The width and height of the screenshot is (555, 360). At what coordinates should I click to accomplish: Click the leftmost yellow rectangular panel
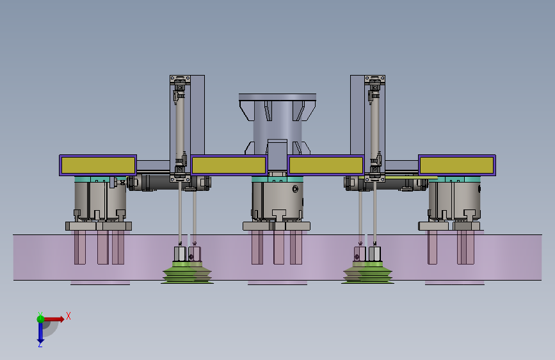pyautogui.click(x=98, y=165)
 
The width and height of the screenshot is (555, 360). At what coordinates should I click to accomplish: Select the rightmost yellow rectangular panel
pyautogui.click(x=456, y=165)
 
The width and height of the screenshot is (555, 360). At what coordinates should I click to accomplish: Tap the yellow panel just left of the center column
pyautogui.click(x=229, y=165)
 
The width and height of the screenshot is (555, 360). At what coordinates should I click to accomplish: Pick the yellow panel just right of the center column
pyautogui.click(x=326, y=165)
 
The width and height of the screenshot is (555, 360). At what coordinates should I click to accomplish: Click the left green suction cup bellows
pyautogui.click(x=188, y=273)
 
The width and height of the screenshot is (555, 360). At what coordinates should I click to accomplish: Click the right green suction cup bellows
pyautogui.click(x=367, y=273)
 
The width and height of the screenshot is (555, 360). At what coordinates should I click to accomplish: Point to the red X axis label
pyautogui.click(x=68, y=316)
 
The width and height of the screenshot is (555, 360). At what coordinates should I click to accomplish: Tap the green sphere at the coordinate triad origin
pyautogui.click(x=40, y=319)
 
